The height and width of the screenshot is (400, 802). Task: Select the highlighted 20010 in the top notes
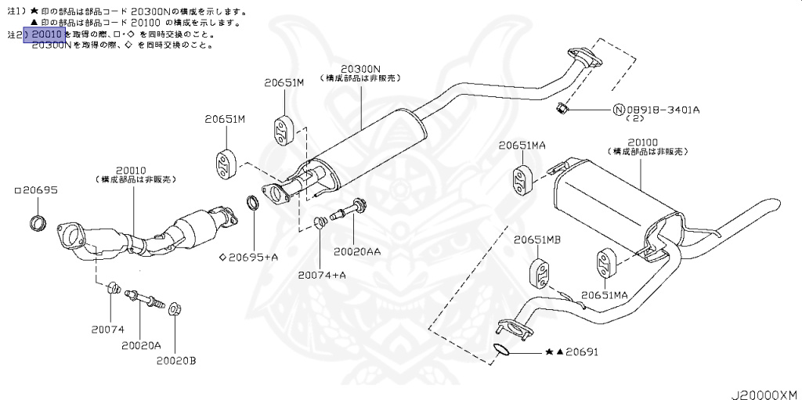[x=46, y=34]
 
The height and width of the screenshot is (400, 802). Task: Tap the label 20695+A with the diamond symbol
[x=252, y=256]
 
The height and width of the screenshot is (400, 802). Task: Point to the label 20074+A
[x=321, y=275]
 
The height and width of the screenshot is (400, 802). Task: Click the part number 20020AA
[x=357, y=252]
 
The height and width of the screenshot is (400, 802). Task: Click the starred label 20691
[x=580, y=352]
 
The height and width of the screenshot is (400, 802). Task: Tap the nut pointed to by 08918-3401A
[x=562, y=106]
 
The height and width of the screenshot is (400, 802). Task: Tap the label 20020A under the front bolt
[x=141, y=344]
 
